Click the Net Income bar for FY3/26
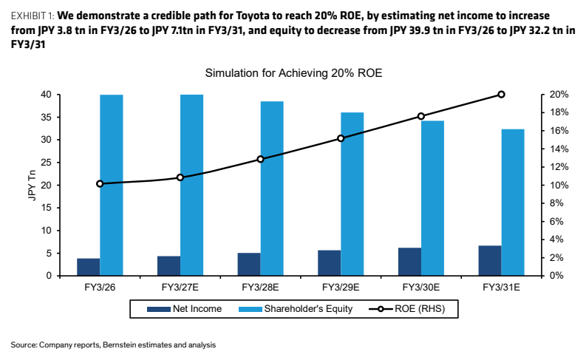click(89, 267)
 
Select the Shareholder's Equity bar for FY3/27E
click(191, 185)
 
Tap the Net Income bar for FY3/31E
click(490, 260)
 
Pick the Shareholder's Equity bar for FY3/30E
click(432, 198)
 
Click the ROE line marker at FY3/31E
click(502, 95)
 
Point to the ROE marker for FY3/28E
click(261, 159)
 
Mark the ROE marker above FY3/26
click(100, 183)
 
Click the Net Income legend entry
click(184, 309)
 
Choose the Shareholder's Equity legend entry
click(296, 309)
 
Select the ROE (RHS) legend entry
click(406, 309)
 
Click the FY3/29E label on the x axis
click(341, 287)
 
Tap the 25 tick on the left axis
click(46, 163)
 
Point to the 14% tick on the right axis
click(559, 149)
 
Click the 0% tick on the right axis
click(556, 276)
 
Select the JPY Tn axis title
click(33, 185)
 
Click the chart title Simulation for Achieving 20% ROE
click(294, 73)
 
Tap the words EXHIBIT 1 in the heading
click(32, 16)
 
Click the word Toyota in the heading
click(251, 16)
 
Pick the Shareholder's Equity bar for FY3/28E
click(272, 189)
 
